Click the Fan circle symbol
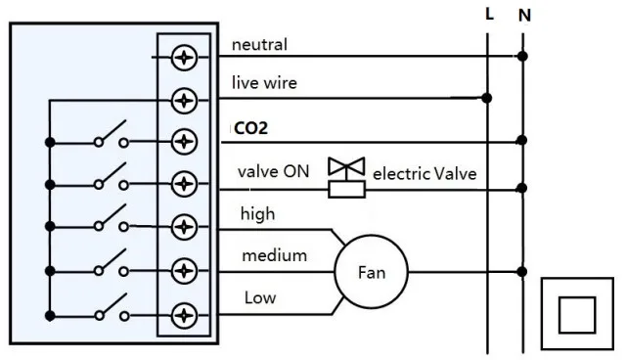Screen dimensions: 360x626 pos(371,272)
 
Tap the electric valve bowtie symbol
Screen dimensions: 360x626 pos(345,167)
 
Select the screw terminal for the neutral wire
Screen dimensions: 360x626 pos(184,57)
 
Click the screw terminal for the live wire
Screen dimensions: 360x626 pos(184,99)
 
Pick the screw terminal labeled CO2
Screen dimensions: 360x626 pos(184,142)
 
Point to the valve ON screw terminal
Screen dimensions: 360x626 pos(184,183)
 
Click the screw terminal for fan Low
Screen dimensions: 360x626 pos(184,315)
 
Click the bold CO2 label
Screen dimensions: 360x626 pos(250,128)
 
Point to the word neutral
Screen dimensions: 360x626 pos(259,44)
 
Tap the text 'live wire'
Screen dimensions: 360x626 pos(264,83)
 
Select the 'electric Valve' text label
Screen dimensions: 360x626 pos(425,173)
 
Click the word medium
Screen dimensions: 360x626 pos(275,255)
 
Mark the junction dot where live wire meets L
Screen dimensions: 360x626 pos(487,98)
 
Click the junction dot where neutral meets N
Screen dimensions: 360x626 pos(522,57)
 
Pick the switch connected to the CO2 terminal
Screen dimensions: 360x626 pos(111,138)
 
